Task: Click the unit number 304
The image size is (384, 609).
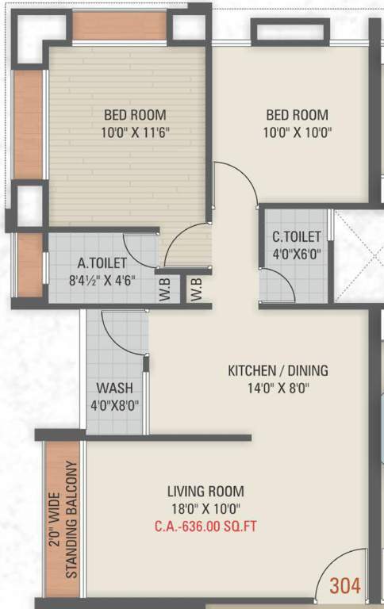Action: point(345,586)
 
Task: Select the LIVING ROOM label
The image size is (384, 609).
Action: point(205,491)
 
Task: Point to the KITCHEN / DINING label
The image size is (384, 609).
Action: point(278,370)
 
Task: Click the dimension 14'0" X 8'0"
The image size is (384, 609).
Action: point(278,388)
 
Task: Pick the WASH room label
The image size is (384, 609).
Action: point(114,389)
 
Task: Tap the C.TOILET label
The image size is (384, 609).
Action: point(297,237)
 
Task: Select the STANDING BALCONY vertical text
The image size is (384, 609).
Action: point(71,519)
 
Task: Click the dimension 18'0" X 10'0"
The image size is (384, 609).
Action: point(205,508)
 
